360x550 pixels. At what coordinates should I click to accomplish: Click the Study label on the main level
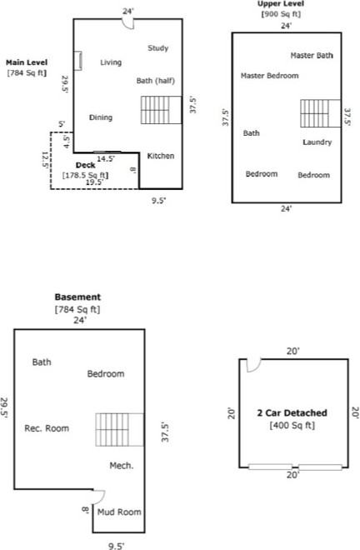click(158, 48)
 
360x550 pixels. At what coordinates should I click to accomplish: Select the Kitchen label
click(161, 156)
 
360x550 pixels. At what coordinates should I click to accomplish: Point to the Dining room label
click(101, 117)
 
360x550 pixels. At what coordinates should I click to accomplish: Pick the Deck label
click(86, 166)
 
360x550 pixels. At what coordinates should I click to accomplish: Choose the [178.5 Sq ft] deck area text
click(85, 175)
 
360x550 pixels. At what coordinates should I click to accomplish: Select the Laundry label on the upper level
click(317, 142)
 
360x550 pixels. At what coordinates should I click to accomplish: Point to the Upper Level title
click(281, 4)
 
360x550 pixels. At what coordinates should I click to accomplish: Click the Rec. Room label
click(47, 428)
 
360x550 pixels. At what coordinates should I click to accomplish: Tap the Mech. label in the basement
click(122, 465)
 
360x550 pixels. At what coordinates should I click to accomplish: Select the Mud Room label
click(119, 512)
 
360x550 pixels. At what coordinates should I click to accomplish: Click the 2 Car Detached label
click(292, 412)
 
